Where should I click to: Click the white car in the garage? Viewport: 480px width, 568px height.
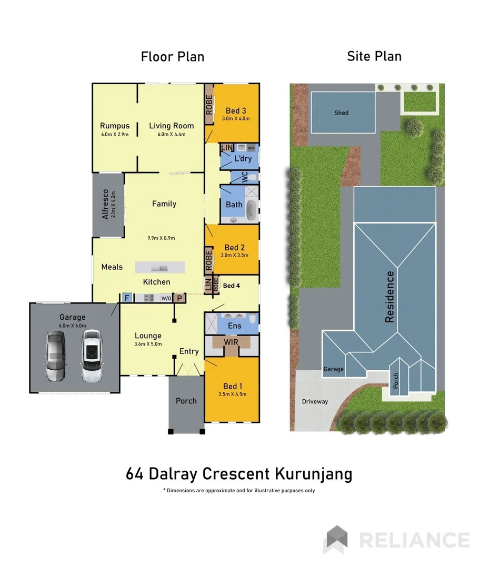pos(91,356)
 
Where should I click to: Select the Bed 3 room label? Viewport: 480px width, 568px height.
pos(236,110)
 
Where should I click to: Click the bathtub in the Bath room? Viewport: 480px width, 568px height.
pos(252,209)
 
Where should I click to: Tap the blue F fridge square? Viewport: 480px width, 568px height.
pos(127,298)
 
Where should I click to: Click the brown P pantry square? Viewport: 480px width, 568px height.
pos(179,298)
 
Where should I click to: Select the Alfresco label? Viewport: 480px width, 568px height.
pos(105,204)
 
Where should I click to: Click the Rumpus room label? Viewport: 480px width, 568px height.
pos(115,126)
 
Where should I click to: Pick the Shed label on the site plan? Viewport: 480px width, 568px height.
pos(341,113)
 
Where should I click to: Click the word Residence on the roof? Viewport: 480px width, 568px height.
pos(390,297)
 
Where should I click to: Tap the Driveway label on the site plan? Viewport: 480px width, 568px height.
pos(315,402)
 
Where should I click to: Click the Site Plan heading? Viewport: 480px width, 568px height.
pos(374,56)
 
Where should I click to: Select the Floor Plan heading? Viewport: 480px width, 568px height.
pos(173,56)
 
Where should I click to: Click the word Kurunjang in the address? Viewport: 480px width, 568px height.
pos(313,474)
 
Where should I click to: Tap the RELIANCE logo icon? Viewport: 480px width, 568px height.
pos(337,540)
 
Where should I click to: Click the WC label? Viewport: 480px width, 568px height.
pos(245,177)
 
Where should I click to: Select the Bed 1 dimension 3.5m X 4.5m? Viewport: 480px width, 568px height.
pos(232,394)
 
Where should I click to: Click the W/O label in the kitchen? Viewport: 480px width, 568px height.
pos(166,298)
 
